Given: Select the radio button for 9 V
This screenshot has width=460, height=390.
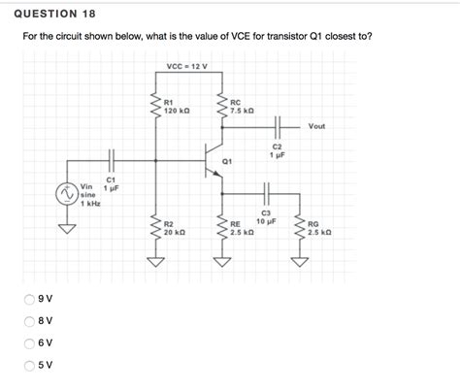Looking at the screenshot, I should click(x=29, y=300).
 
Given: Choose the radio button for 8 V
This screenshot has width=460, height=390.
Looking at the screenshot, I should click(x=29, y=321).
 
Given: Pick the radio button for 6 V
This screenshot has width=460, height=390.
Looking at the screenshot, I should click(x=29, y=343).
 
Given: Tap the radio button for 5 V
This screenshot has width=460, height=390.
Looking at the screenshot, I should click(x=29, y=365).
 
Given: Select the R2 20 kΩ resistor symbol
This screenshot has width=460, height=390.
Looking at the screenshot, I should click(x=153, y=228).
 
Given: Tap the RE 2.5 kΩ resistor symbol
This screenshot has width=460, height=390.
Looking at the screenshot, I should click(x=221, y=228).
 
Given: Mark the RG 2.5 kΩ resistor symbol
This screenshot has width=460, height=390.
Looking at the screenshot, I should click(x=300, y=228).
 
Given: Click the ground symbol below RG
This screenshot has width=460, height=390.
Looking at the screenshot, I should click(x=300, y=261).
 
